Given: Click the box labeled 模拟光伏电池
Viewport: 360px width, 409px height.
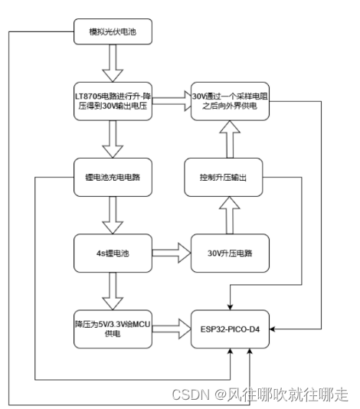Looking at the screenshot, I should point(114,34).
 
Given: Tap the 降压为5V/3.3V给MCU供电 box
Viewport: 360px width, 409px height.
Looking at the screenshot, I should point(114,329).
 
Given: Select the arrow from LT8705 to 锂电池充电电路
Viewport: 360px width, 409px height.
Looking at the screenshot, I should point(114,139).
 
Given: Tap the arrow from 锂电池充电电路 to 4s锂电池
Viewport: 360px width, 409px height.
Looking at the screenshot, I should point(114,214).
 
